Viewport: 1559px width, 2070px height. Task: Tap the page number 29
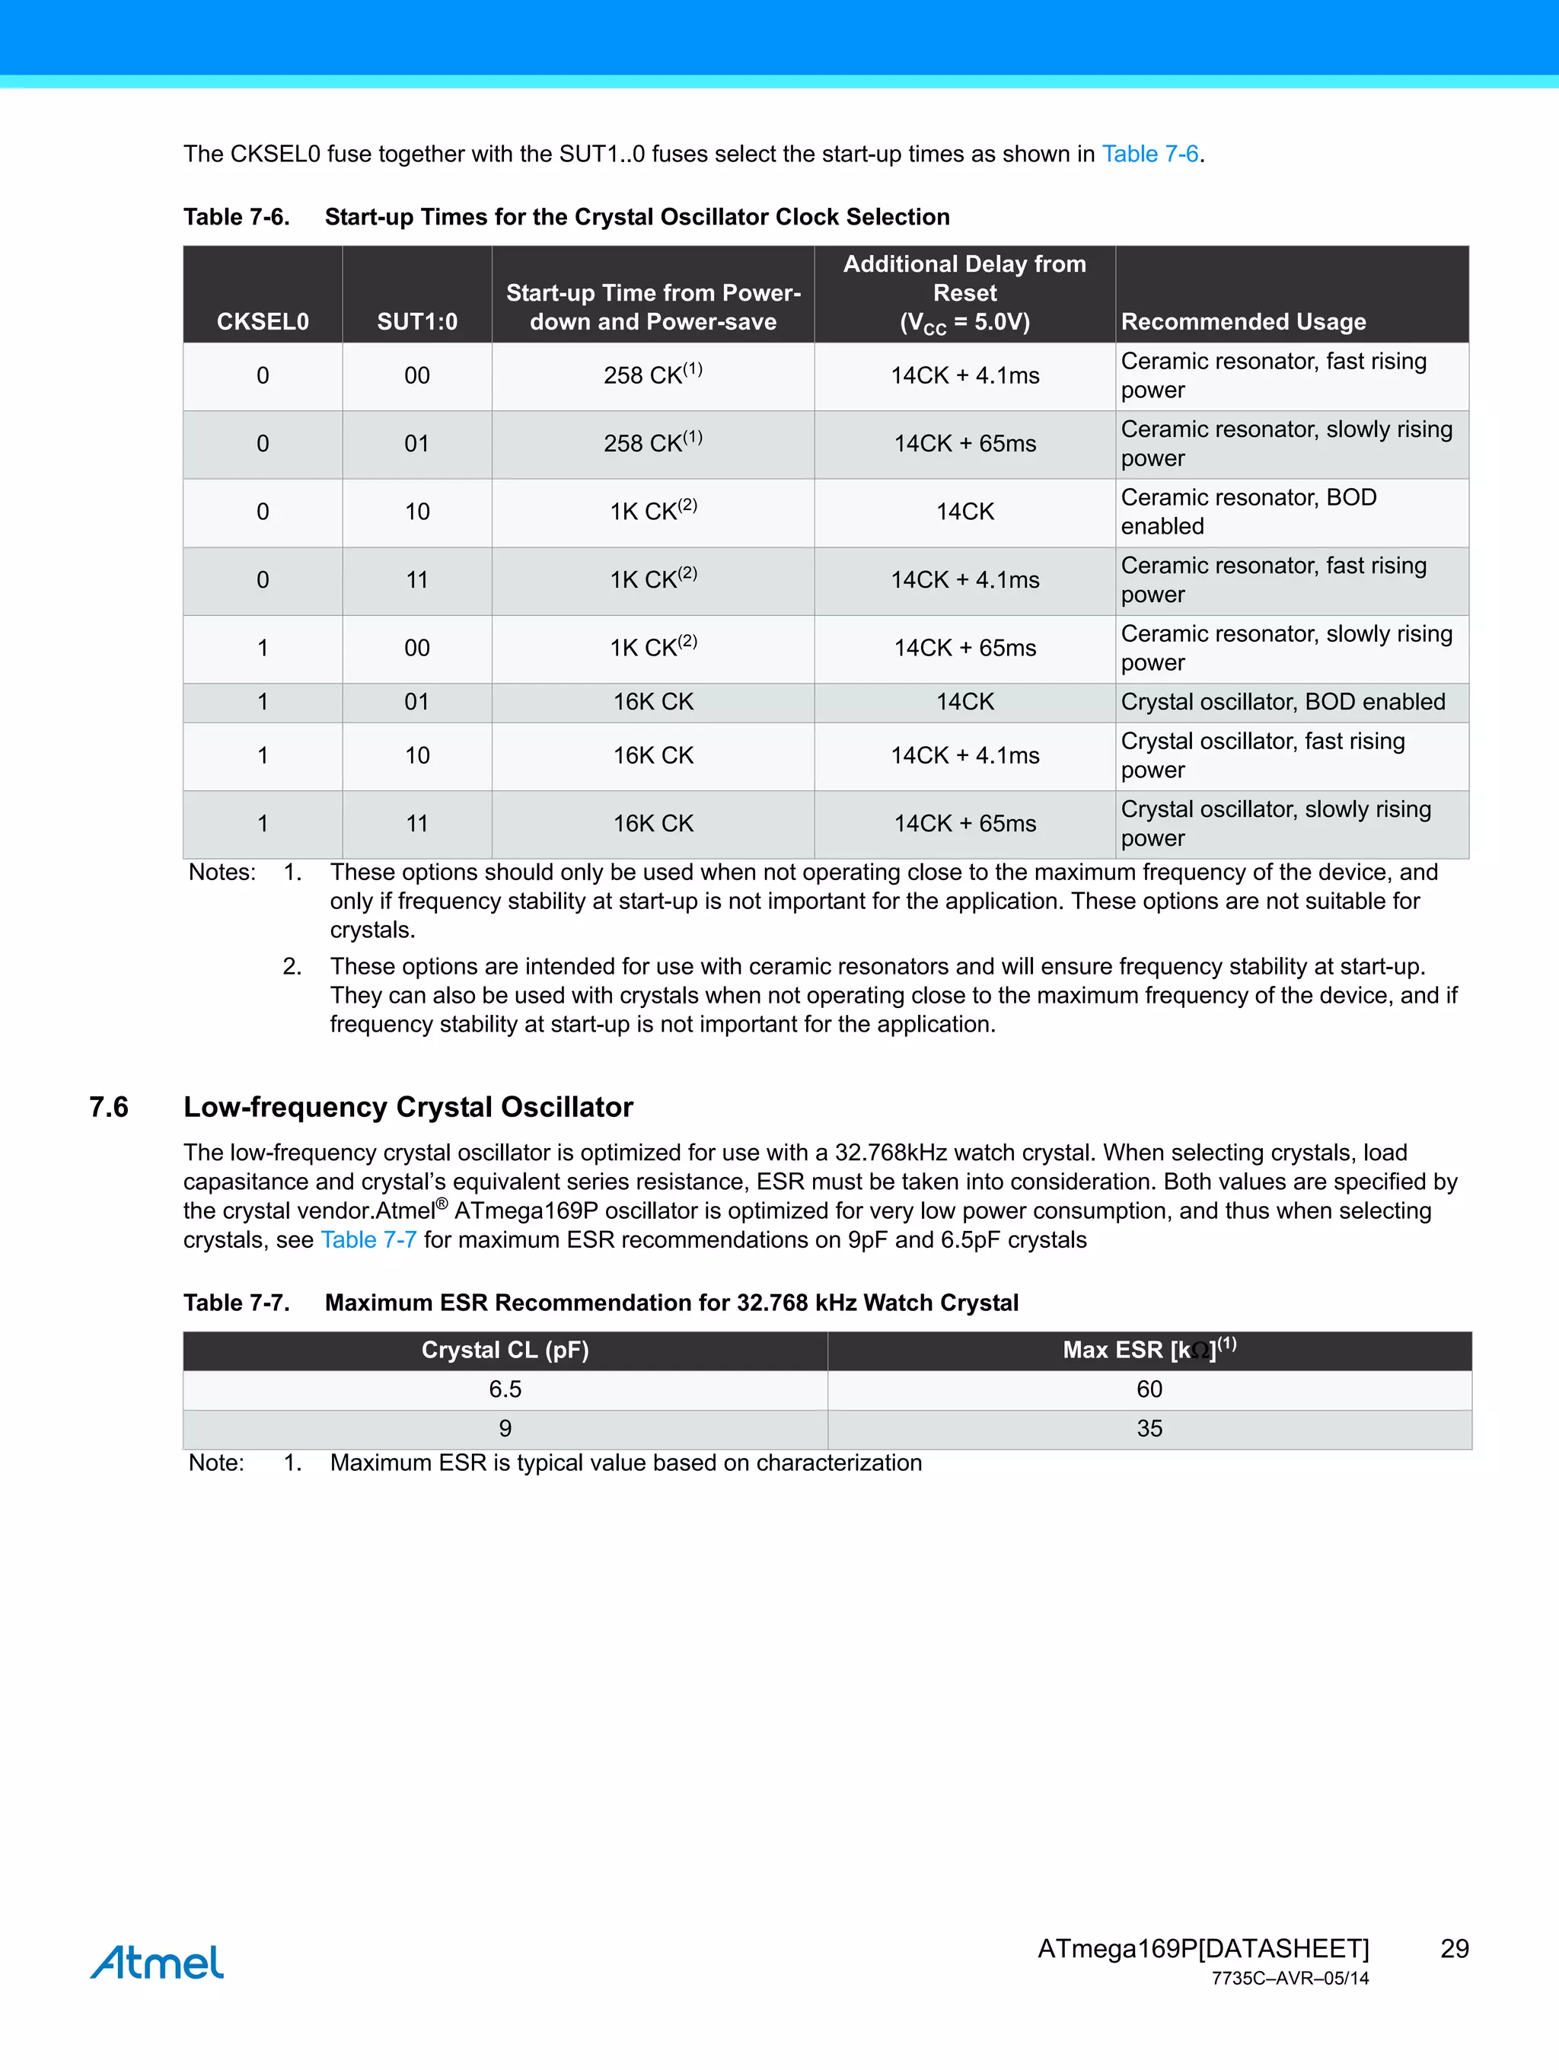[1453, 1948]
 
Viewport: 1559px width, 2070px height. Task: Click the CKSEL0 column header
[262, 321]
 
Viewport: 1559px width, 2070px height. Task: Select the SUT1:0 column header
[416, 321]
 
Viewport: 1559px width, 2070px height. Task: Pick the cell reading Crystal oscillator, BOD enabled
[1282, 702]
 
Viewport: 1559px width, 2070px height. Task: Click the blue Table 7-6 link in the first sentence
[1149, 154]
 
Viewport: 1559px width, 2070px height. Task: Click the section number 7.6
[109, 1107]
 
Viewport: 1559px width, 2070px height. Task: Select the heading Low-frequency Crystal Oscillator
[408, 1107]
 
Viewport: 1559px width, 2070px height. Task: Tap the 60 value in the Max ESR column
[1149, 1389]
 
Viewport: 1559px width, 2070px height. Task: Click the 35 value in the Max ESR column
[1149, 1428]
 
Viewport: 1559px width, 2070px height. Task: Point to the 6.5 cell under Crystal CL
[505, 1389]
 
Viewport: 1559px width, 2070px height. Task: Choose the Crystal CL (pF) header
[505, 1350]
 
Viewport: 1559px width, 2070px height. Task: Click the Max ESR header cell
[1149, 1350]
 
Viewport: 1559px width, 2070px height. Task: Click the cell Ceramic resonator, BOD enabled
[1248, 512]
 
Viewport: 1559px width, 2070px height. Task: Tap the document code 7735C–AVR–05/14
[1290, 1979]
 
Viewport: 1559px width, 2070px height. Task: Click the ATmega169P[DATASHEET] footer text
[1203, 1948]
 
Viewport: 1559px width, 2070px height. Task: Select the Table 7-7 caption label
[236, 1303]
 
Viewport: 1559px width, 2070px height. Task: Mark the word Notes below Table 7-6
[222, 872]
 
